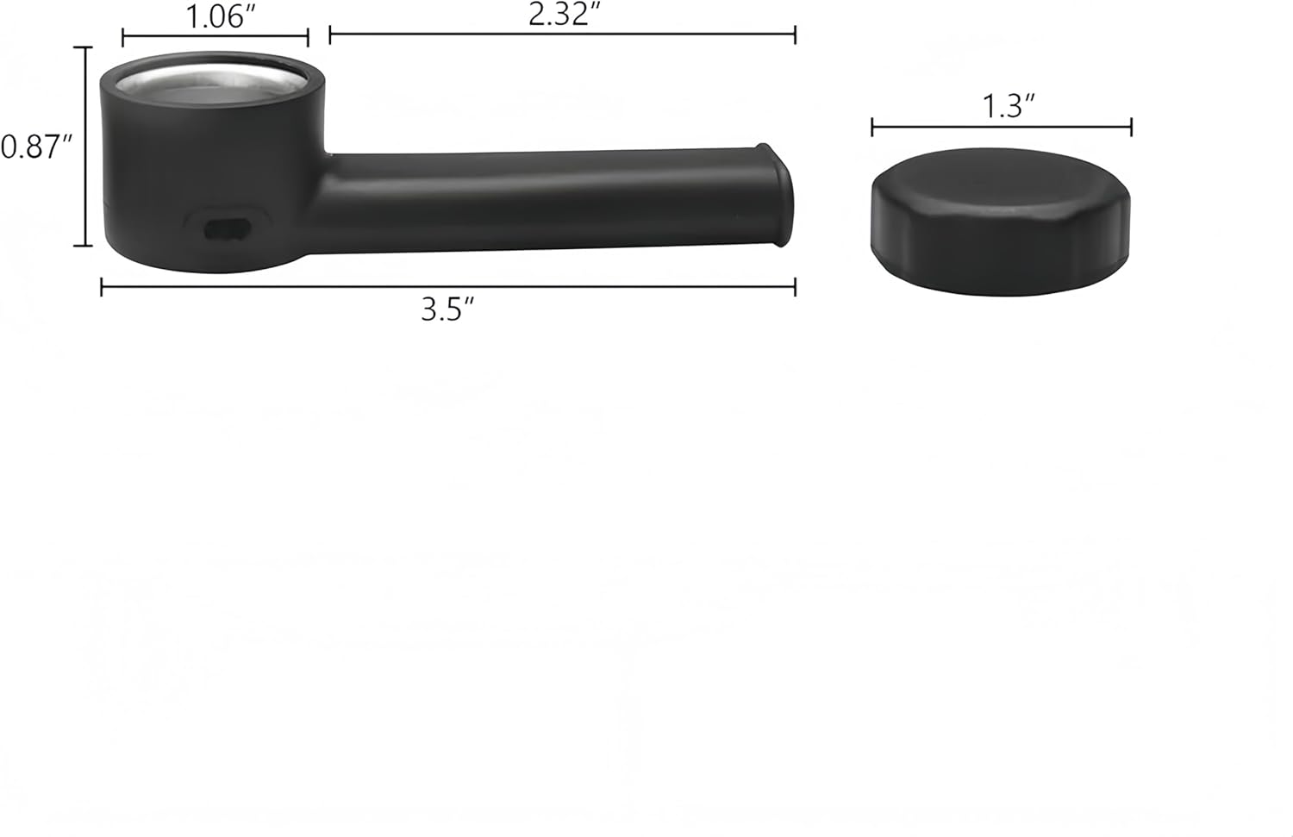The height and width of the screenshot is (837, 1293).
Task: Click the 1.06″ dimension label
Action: pos(220,16)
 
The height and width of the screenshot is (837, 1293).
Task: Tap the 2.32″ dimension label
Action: pos(564,14)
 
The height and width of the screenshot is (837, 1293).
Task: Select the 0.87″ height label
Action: pos(36,147)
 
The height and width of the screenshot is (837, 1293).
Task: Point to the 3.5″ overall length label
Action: pos(447,309)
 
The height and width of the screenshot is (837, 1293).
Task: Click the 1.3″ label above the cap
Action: pos(1009,106)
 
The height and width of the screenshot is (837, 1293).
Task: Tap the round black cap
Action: pos(1000,222)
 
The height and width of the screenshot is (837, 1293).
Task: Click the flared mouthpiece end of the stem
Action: pos(777,195)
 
